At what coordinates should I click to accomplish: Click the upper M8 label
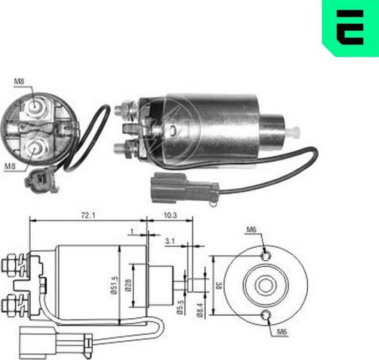[19, 83]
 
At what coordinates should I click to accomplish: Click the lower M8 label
[10, 165]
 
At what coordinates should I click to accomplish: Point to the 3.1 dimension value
[170, 239]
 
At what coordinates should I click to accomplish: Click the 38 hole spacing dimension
[218, 284]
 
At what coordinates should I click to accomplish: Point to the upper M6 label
[251, 229]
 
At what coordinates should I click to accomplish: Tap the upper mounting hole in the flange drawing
[266, 255]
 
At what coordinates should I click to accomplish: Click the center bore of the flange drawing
[266, 285]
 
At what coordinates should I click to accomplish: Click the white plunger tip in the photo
[295, 132]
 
